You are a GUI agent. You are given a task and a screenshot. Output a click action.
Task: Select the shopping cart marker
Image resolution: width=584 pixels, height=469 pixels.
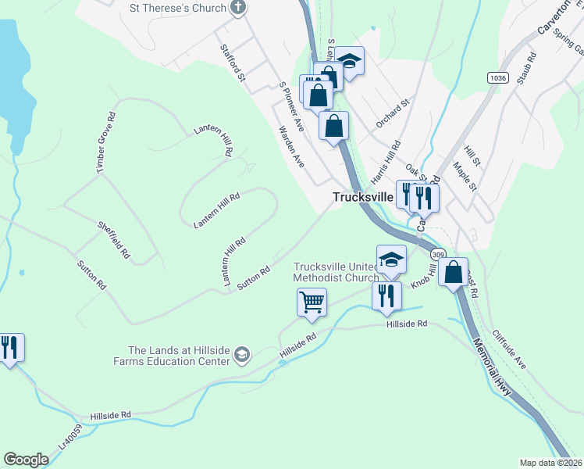312,302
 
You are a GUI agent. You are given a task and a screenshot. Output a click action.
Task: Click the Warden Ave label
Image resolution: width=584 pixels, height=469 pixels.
291,146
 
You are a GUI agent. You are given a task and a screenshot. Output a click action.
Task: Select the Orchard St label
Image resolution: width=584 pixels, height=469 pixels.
392,113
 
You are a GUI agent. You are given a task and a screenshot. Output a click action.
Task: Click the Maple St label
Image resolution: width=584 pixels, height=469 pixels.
465,176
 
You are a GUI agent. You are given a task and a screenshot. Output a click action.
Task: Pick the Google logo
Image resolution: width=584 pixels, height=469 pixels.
26,460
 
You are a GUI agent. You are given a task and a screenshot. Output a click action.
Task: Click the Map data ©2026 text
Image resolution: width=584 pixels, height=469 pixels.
550,463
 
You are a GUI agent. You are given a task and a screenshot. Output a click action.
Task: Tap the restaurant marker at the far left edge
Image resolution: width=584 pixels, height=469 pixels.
9,346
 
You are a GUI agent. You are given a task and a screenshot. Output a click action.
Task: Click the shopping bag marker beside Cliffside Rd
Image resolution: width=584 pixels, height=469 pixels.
454,273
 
